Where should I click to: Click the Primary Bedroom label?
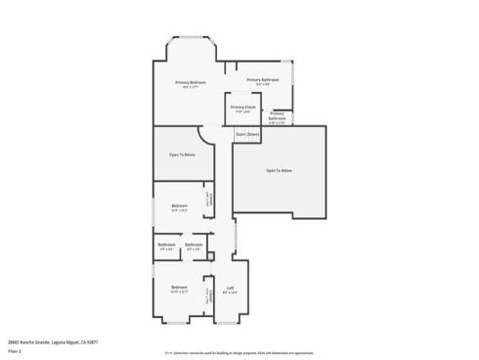(x=191, y=83)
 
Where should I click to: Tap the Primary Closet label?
(x=243, y=109)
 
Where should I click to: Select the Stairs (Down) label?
(x=247, y=133)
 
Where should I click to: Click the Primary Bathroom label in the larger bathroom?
(x=263, y=80)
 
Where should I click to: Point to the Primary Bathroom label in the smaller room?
(x=277, y=117)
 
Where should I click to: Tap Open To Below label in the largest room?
(x=280, y=170)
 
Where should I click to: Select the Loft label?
(x=230, y=290)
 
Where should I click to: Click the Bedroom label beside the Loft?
(x=180, y=289)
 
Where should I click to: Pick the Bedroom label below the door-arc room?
(x=180, y=206)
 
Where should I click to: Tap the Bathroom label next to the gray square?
(x=194, y=246)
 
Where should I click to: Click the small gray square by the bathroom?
(x=210, y=257)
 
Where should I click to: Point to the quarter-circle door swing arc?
(x=206, y=135)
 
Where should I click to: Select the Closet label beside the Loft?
(x=208, y=294)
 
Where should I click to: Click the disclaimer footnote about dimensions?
(x=239, y=351)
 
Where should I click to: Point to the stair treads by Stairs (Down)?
(x=247, y=142)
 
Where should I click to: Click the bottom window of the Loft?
(x=230, y=323)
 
